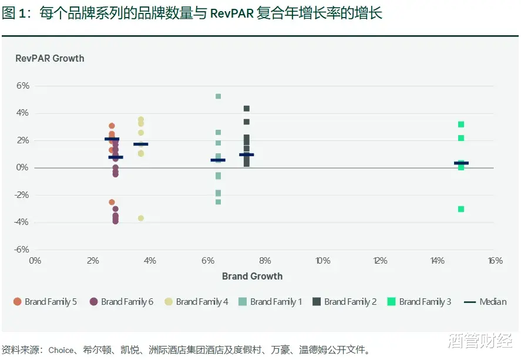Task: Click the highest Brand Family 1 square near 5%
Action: [218, 96]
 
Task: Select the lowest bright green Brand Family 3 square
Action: [461, 209]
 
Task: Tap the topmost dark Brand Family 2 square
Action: [247, 109]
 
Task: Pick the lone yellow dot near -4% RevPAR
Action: [141, 218]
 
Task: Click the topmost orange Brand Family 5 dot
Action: [112, 126]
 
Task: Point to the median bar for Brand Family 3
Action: [461, 163]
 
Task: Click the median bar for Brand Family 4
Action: [141, 144]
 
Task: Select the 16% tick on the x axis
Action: [495, 261]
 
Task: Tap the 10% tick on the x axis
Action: [322, 261]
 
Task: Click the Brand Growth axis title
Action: [252, 276]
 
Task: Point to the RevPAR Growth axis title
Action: [49, 59]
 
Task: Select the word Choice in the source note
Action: [61, 351]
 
